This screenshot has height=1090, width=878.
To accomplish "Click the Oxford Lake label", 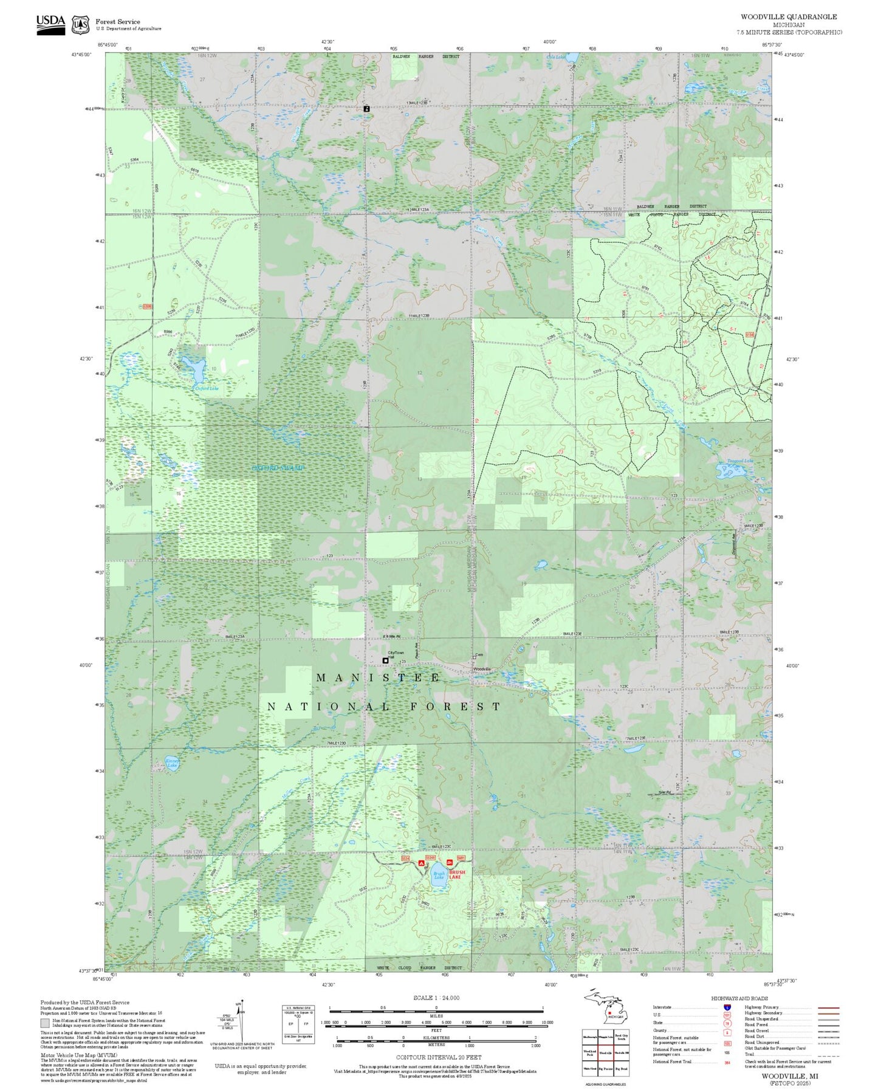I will [206, 388].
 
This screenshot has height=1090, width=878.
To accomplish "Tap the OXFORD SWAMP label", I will [278, 468].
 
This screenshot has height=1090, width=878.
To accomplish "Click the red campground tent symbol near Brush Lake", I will [421, 862].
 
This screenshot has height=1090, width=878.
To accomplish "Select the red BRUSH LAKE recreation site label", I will [457, 874].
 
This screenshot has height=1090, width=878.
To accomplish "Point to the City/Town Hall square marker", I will [385, 660].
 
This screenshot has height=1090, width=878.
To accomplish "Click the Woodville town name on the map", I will [482, 669].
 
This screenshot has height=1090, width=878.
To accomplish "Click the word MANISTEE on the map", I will [378, 677].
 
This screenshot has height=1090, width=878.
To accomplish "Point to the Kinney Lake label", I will [173, 763].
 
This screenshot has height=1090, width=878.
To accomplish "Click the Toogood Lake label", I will [739, 461].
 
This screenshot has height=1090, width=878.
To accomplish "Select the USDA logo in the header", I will [50, 24].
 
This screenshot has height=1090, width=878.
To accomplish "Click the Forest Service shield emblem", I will [80, 25].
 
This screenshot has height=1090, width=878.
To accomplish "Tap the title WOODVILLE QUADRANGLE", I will [788, 17].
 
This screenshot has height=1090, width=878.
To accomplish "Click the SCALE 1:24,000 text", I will [436, 997].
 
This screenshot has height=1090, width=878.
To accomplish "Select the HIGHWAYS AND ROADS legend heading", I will [739, 998].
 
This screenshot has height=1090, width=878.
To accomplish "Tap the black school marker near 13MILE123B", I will [366, 108].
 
